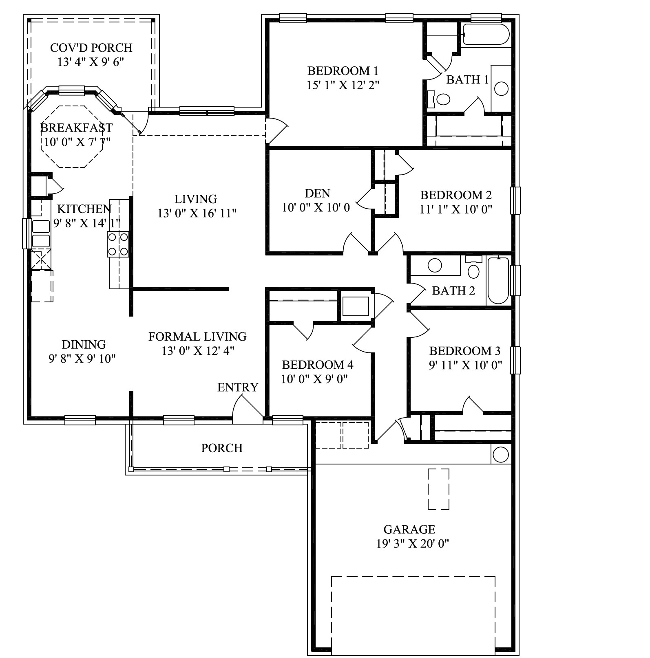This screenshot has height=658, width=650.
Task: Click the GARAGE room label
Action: pyautogui.click(x=409, y=529)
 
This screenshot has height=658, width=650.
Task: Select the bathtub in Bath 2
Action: pyautogui.click(x=498, y=280)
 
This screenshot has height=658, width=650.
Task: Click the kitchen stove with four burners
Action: pyautogui.click(x=118, y=244)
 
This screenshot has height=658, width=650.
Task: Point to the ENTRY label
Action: pyautogui.click(x=238, y=387)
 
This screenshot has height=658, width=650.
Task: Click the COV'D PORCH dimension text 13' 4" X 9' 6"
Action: pyautogui.click(x=91, y=62)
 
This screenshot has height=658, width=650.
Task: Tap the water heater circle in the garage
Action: pyautogui.click(x=500, y=454)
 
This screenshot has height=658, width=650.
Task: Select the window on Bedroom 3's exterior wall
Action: pyautogui.click(x=515, y=360)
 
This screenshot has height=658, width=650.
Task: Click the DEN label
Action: pyautogui.click(x=317, y=193)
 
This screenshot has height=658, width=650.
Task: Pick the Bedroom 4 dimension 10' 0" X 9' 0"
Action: pyautogui.click(x=314, y=379)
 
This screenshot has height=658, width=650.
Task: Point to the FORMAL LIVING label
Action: pyautogui.click(x=197, y=337)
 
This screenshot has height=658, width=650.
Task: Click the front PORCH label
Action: pyautogui.click(x=222, y=448)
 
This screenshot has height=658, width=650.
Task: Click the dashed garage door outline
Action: pyautogui.click(x=413, y=615)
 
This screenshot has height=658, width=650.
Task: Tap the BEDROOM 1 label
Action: pyautogui.click(x=343, y=71)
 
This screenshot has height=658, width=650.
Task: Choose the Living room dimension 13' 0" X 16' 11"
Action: pyautogui.click(x=197, y=213)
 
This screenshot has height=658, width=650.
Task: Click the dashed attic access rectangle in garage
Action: pyautogui.click(x=438, y=489)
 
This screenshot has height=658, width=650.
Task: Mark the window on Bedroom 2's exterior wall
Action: pyautogui.click(x=515, y=200)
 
